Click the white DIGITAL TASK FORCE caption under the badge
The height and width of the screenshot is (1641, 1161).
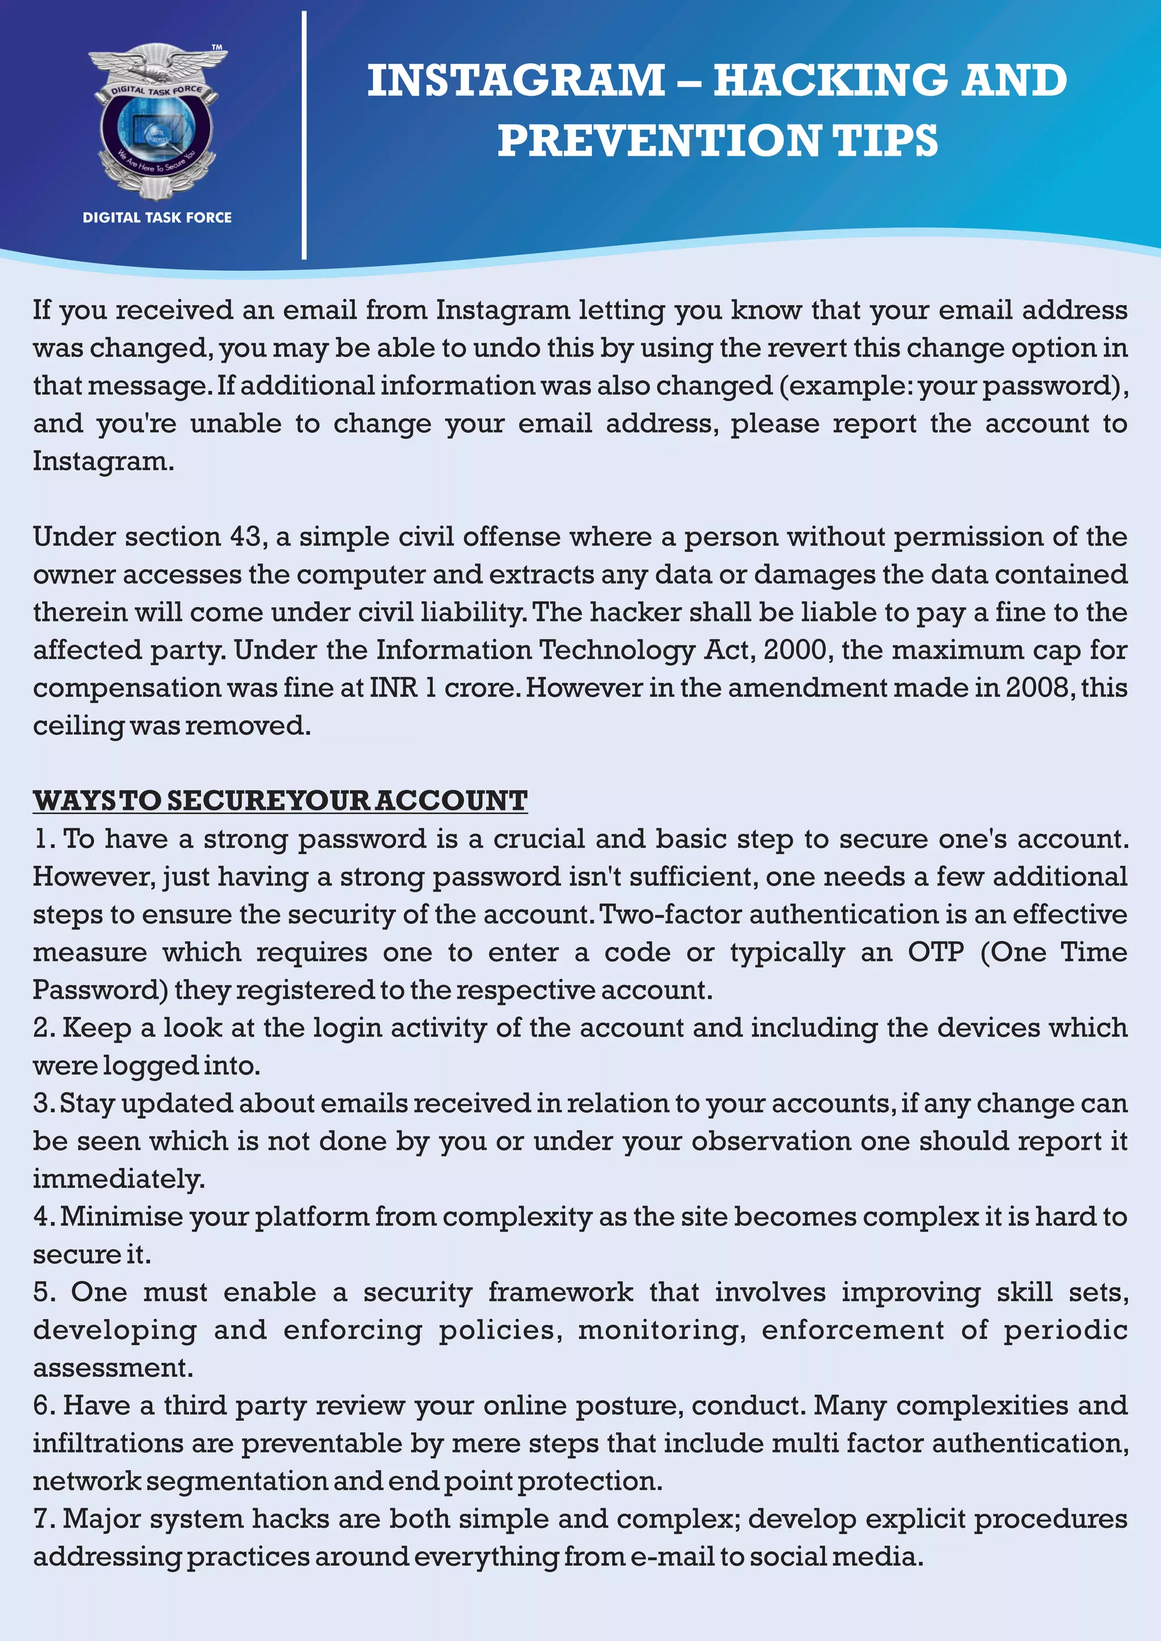(156, 217)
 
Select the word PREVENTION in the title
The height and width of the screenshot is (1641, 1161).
(658, 140)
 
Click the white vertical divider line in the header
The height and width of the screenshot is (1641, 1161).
(304, 136)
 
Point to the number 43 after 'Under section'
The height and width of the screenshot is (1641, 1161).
(246, 537)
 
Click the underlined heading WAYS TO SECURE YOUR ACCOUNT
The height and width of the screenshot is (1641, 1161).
(279, 801)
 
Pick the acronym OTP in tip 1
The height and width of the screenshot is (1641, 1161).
(935, 952)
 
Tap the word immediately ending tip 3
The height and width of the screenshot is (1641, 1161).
(118, 1179)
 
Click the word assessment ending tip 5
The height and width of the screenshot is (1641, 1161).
(112, 1368)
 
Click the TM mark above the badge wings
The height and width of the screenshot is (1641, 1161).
(217, 47)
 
